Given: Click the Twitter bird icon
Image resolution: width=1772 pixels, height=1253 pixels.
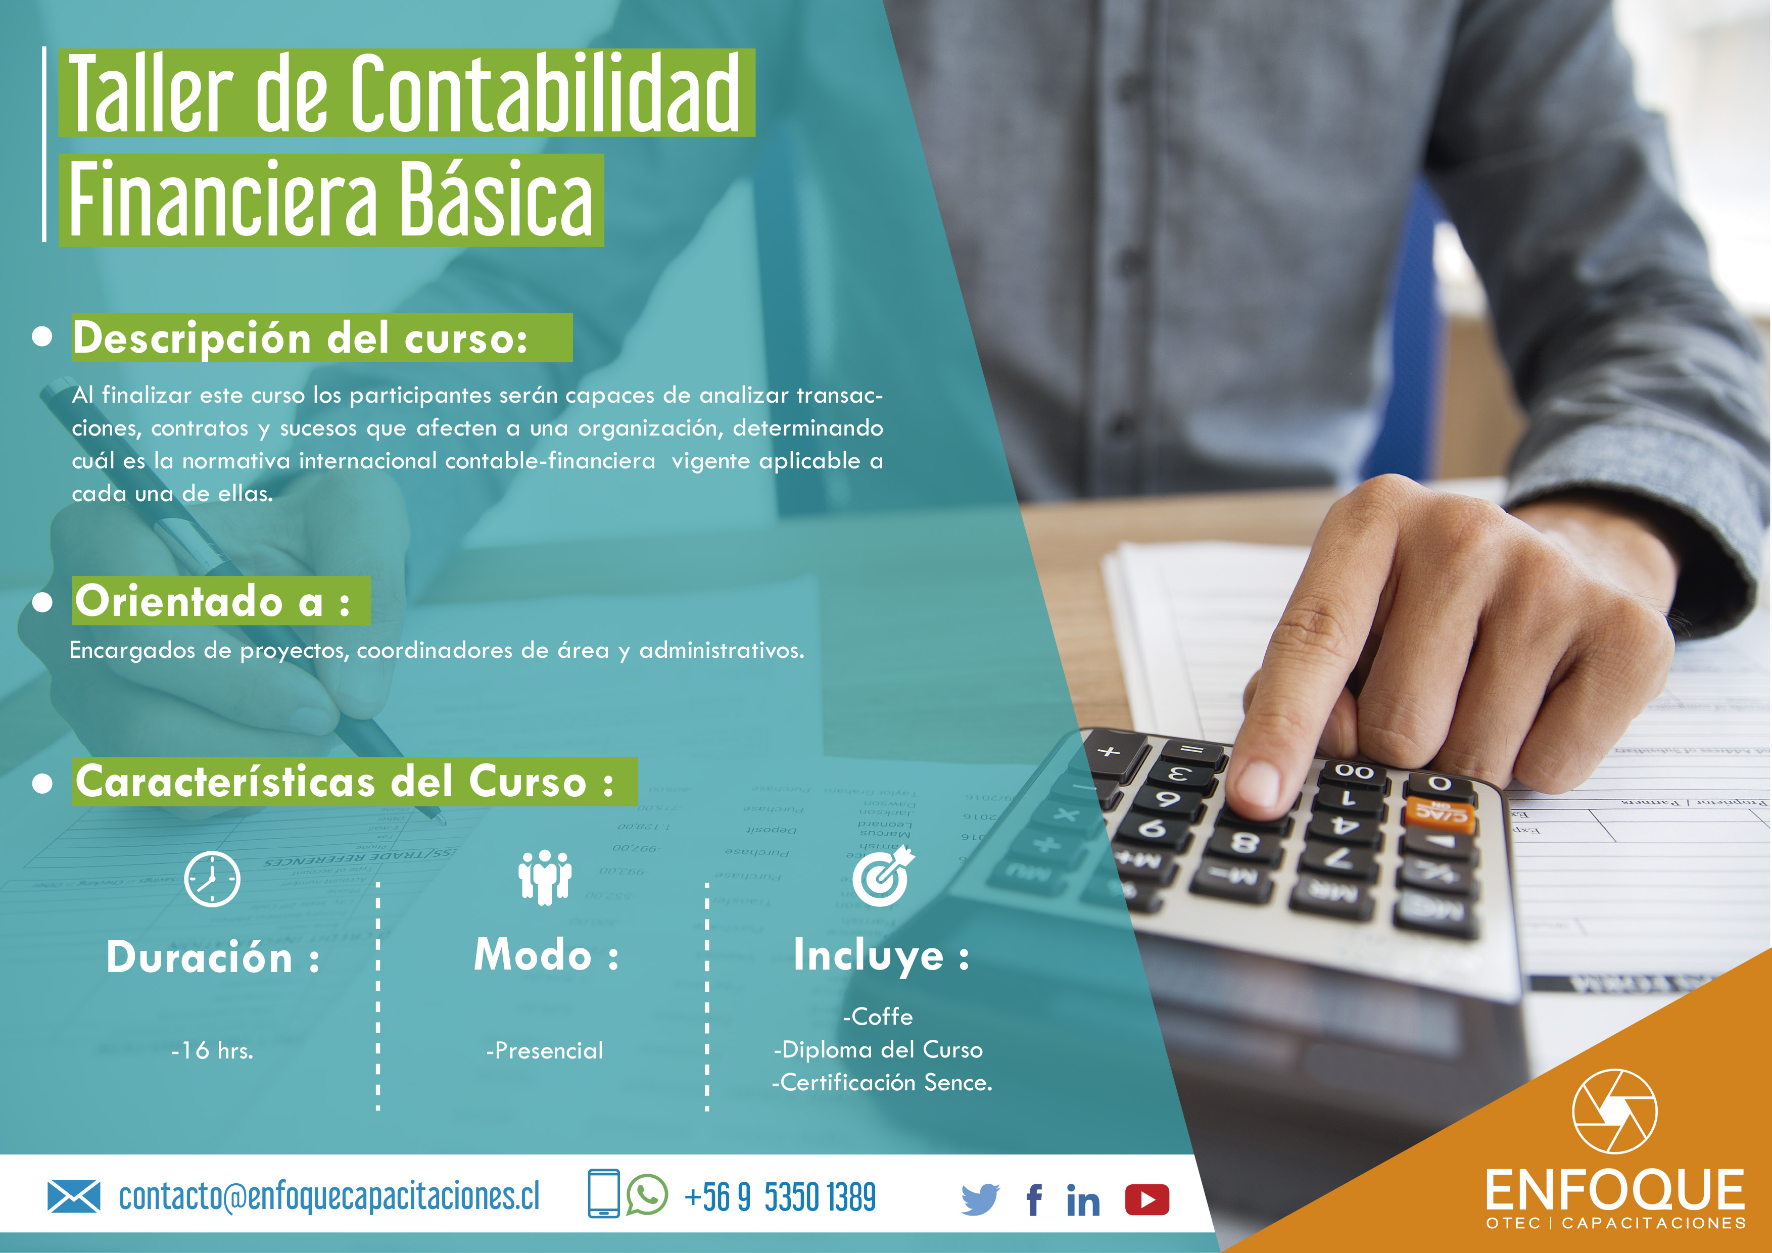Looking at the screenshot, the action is (980, 1199).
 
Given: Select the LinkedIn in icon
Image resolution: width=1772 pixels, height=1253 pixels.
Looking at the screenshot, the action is (1083, 1200).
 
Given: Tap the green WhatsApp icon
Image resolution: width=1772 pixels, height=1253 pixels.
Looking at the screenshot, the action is (647, 1194).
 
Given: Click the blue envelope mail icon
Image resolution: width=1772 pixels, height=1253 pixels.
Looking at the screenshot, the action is (74, 1196).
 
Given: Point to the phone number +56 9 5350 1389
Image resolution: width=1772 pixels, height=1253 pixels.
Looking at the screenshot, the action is (780, 1197).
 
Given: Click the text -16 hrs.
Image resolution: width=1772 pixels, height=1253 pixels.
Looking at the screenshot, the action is (212, 1050).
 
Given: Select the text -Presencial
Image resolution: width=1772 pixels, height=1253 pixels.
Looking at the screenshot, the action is (545, 1050).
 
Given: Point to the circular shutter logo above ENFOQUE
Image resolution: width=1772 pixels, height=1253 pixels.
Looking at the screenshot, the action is (1614, 1112).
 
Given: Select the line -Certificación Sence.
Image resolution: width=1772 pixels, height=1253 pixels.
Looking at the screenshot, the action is (882, 1083).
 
